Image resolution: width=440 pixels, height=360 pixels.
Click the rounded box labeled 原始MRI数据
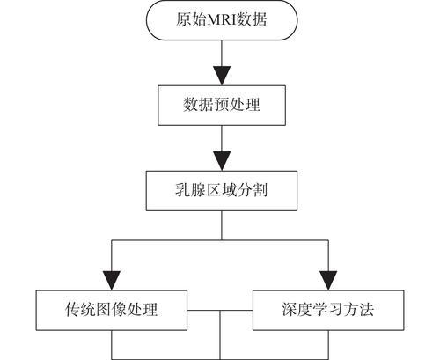pyautogui.click(x=222, y=19)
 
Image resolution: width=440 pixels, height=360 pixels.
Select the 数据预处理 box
pyautogui.click(x=222, y=106)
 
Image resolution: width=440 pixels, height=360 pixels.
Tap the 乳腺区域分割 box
pyautogui.click(x=222, y=191)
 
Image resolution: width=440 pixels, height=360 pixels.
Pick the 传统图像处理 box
pyautogui.click(x=112, y=311)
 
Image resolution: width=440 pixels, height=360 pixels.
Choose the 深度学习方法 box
pyautogui.click(x=328, y=311)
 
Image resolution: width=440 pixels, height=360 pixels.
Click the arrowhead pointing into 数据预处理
pyautogui.click(x=222, y=76)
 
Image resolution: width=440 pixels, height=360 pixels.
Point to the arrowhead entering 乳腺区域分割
pyautogui.click(x=222, y=161)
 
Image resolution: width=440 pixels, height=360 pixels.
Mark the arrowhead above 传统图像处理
pyautogui.click(x=112, y=281)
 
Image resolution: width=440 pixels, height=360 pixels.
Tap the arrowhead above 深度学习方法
pyautogui.click(x=328, y=281)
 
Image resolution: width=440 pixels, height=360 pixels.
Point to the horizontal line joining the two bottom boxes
pyautogui.click(x=220, y=311)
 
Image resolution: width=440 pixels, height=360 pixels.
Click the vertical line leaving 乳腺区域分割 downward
pyautogui.click(x=222, y=225)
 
